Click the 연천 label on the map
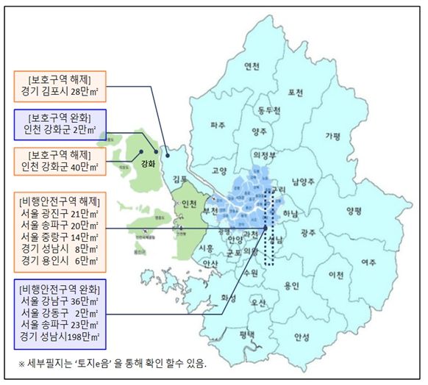click(252, 67)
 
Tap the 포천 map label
click(296, 93)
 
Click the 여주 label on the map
click(368, 262)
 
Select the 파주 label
click(218, 126)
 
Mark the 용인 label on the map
click(292, 286)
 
